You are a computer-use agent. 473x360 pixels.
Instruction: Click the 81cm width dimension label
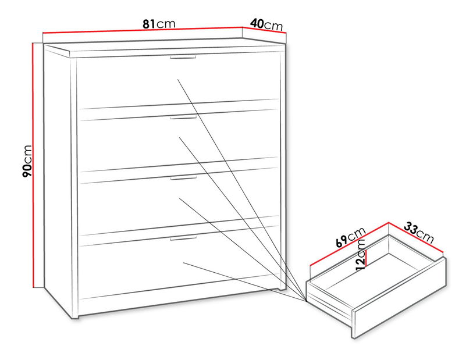[159, 23]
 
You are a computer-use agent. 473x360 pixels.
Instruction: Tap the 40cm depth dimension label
[266, 24]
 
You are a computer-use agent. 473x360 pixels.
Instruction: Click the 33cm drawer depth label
[419, 232]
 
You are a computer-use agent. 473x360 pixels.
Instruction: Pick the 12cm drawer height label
[361, 255]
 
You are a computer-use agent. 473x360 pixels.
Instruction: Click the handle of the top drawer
[183, 58]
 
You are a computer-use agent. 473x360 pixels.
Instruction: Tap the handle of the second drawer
[183, 117]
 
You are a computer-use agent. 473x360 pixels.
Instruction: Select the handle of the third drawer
[183, 178]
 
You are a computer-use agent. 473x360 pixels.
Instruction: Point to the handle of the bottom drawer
[183, 238]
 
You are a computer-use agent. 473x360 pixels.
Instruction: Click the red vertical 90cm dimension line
[34, 165]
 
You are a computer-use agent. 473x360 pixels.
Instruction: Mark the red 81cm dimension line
[143, 30]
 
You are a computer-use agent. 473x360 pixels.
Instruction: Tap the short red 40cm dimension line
[264, 31]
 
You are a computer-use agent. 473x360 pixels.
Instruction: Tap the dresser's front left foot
[76, 316]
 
